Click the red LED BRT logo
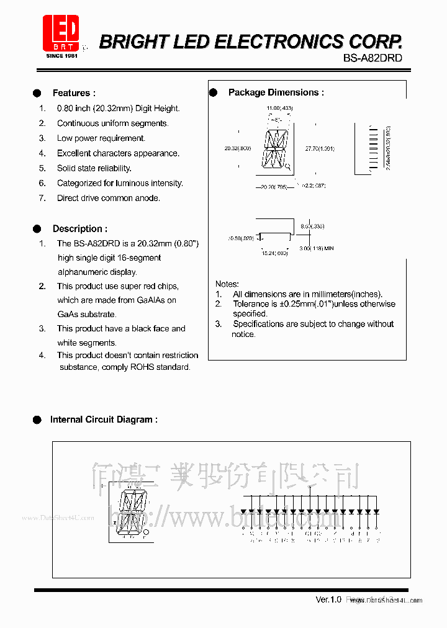tap(61, 34)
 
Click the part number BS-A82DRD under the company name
tap(372, 58)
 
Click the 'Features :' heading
tap(74, 93)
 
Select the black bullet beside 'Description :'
tap(37, 228)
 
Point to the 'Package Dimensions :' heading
tap(276, 92)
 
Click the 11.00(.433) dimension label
tap(279, 109)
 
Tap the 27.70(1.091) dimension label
tap(320, 149)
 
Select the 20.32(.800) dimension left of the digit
tap(237, 149)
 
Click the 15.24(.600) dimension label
tap(274, 253)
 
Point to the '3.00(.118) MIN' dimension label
tap(317, 248)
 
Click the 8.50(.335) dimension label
tap(312, 227)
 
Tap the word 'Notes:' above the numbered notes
tap(227, 284)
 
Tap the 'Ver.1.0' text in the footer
tap(328, 599)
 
